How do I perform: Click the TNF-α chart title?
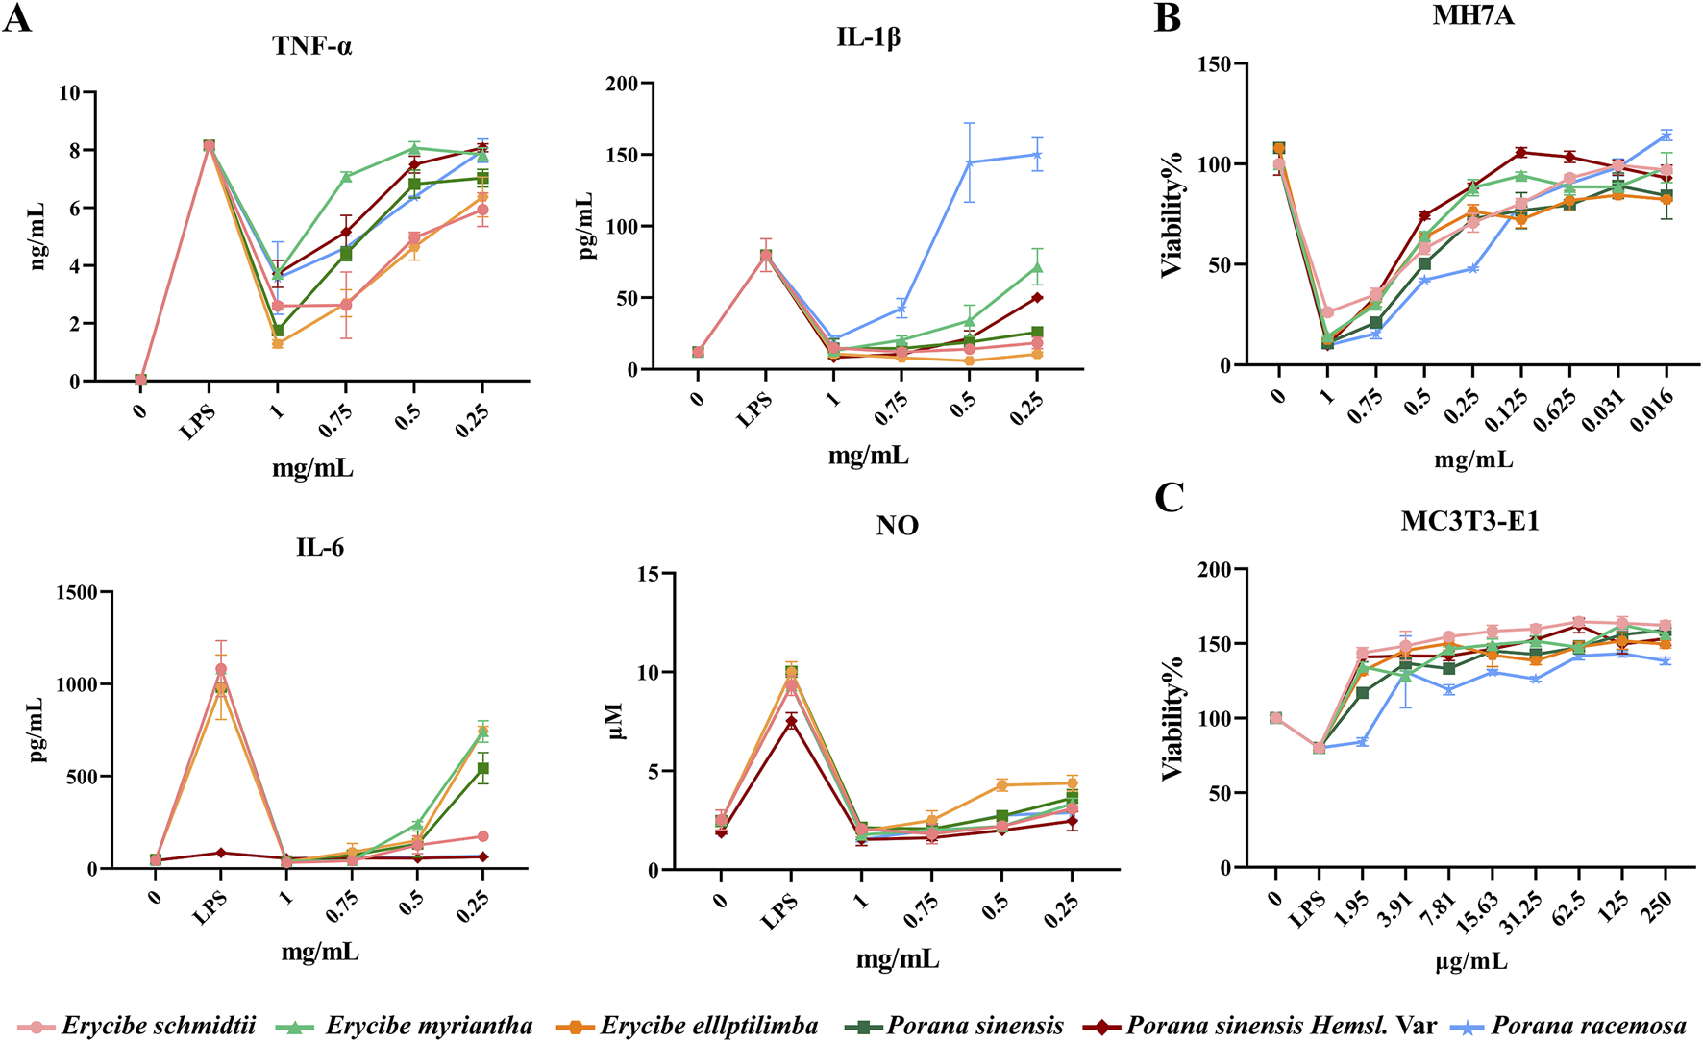[x=312, y=46]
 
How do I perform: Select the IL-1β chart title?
[x=868, y=37]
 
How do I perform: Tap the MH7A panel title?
[x=1472, y=15]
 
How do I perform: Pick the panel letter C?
[x=1169, y=498]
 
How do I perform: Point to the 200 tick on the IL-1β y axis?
[x=622, y=84]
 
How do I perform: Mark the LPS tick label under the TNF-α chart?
[x=198, y=421]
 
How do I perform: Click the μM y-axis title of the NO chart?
[x=614, y=721]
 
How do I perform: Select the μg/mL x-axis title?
[x=1470, y=961]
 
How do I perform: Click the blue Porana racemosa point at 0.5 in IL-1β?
[x=969, y=162]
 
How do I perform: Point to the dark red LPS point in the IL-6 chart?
[x=221, y=853]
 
